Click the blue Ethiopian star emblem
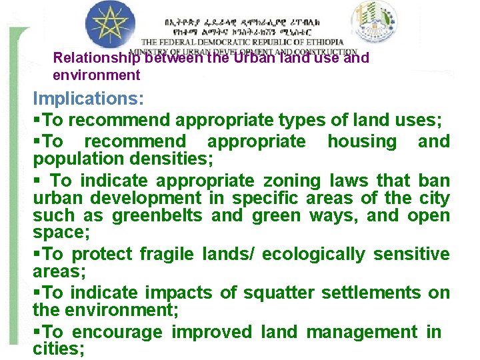(x=111, y=25)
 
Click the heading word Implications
(x=88, y=99)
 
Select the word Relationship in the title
(x=97, y=59)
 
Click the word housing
(x=361, y=141)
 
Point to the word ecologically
(x=313, y=254)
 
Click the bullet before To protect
(x=37, y=254)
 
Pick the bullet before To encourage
(x=37, y=331)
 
